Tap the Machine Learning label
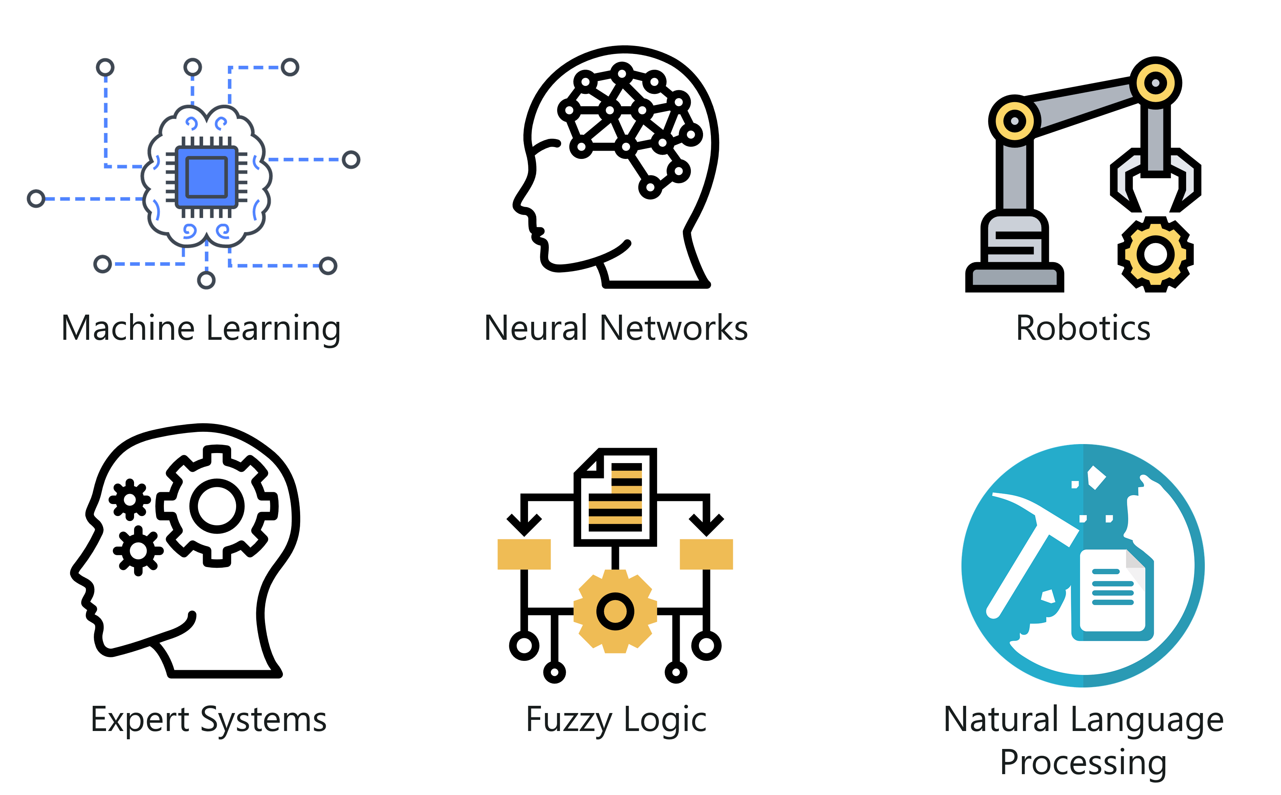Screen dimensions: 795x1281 click(201, 328)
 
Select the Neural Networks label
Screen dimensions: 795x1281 click(616, 328)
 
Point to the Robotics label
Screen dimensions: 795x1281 click(1083, 328)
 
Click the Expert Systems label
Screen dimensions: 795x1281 click(208, 719)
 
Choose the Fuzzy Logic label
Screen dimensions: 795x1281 click(616, 719)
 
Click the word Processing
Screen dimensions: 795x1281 click(1083, 761)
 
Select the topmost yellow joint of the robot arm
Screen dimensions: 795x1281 click(1156, 83)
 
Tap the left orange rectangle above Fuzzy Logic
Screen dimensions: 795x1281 click(524, 554)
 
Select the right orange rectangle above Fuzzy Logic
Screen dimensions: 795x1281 click(706, 554)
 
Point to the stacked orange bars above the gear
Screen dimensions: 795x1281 click(616, 497)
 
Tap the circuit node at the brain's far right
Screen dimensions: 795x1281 click(350, 159)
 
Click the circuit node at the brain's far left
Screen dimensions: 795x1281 click(36, 199)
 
